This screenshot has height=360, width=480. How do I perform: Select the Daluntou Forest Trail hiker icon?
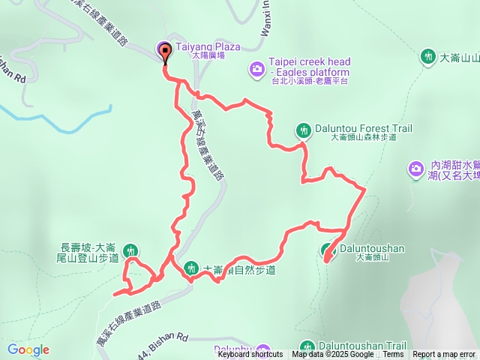(303, 130)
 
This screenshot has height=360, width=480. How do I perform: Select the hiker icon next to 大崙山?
(428, 56)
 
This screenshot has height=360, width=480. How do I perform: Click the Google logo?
(28, 349)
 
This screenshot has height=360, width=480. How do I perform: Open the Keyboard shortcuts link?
(250, 355)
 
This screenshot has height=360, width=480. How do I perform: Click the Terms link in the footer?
(393, 355)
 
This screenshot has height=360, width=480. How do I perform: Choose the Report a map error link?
(444, 355)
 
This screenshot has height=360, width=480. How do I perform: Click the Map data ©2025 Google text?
(332, 355)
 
